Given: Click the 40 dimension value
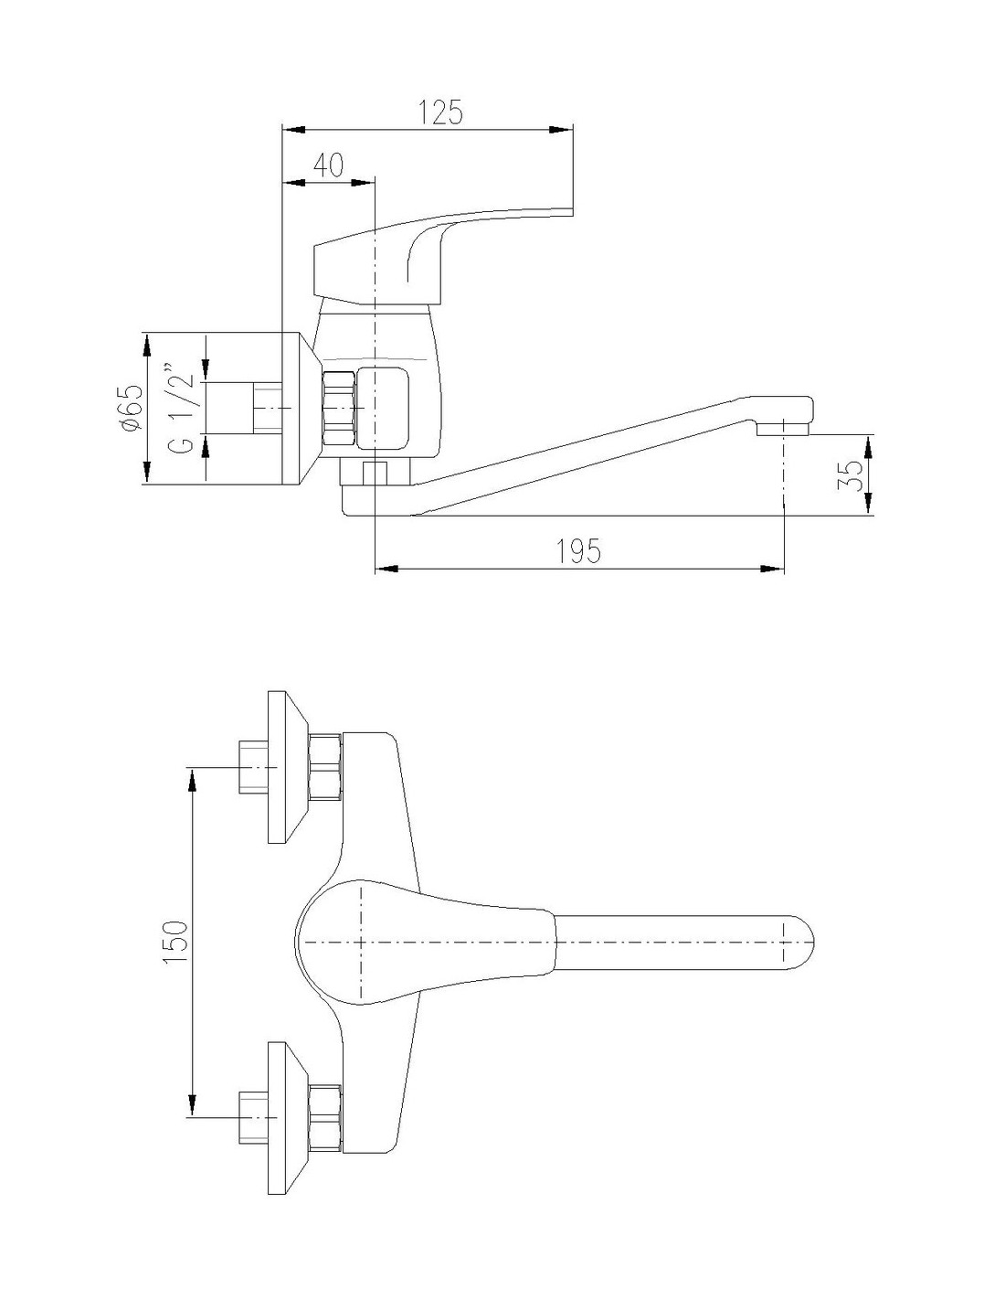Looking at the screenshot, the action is coord(328,165).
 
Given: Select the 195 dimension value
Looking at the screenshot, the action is coord(578,550).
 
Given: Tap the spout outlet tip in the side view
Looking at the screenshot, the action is coord(782,429).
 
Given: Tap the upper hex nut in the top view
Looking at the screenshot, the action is coord(326,767).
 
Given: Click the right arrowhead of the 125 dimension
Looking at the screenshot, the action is coord(561,129).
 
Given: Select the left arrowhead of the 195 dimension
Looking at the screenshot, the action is coord(386,567).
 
